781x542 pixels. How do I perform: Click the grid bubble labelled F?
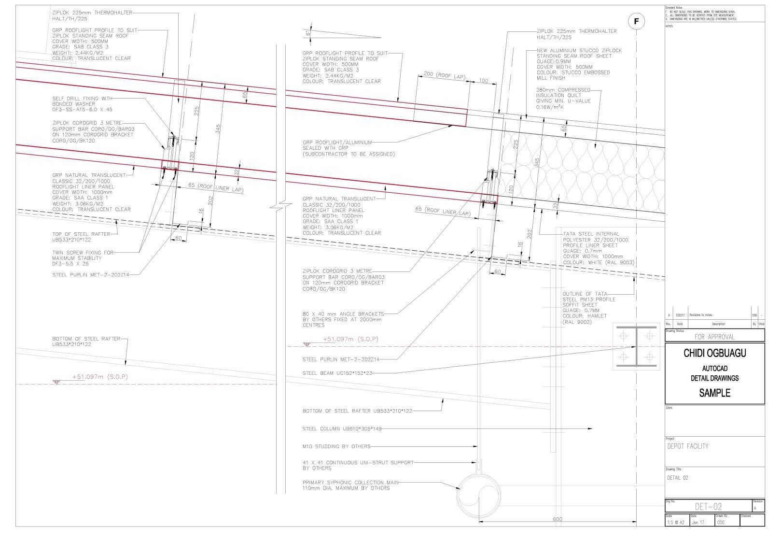pos(636,21)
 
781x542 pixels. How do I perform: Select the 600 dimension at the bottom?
pos(558,519)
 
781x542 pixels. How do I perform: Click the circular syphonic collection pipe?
pos(478,496)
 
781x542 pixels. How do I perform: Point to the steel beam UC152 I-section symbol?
pos(636,346)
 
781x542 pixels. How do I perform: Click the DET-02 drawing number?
pos(708,506)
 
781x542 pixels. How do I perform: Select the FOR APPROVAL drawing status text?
pos(714,337)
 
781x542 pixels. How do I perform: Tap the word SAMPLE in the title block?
pos(714,393)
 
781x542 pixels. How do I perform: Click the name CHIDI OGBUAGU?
pos(714,353)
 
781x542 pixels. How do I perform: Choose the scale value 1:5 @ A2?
pos(675,522)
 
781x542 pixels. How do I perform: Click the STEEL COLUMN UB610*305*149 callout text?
pos(342,428)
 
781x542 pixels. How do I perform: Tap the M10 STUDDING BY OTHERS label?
pos(336,446)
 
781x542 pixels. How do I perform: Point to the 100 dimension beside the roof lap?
pos(483,81)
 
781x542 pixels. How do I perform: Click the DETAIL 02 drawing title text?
pos(677,478)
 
